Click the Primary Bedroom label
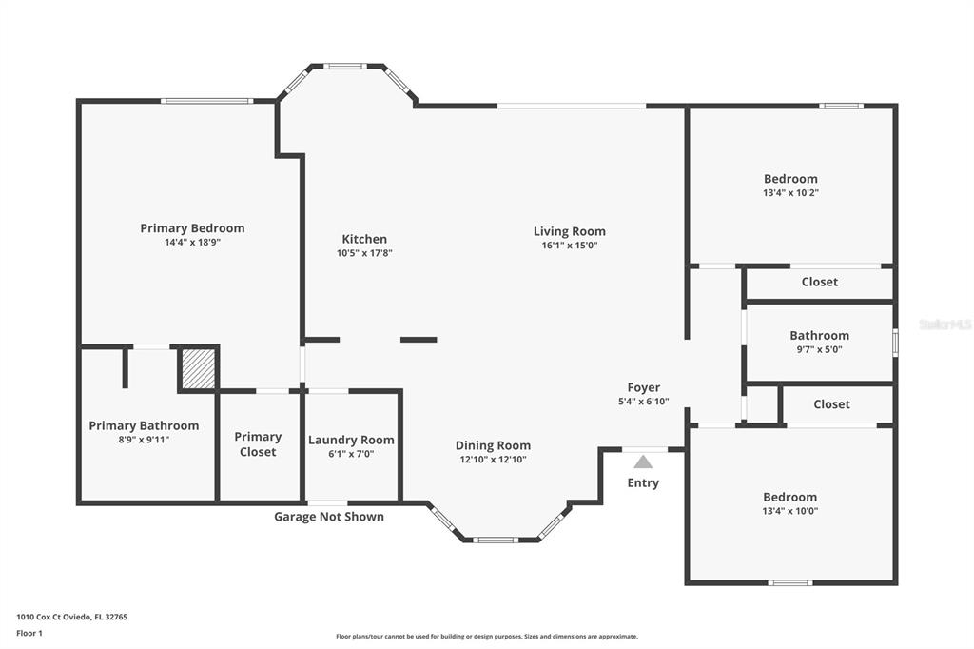pos(192,228)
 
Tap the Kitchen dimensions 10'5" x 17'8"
pos(364,253)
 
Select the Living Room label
pos(569,231)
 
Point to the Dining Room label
pos(494,445)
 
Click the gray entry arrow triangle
pos(643,462)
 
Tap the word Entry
pos(643,483)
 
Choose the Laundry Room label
pos(351,441)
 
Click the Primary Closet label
pos(258,443)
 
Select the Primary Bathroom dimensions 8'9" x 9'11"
pos(145,440)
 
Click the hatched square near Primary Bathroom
pos(199,368)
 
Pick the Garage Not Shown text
pos(329,517)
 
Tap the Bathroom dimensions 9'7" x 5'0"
pos(819,349)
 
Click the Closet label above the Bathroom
pos(819,282)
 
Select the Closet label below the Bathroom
pos(831,404)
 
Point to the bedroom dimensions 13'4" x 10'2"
pos(790,193)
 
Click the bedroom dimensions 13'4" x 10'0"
pos(790,511)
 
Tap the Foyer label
pos(644,387)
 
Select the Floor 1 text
pos(29,633)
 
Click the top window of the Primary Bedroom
pos(206,101)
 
